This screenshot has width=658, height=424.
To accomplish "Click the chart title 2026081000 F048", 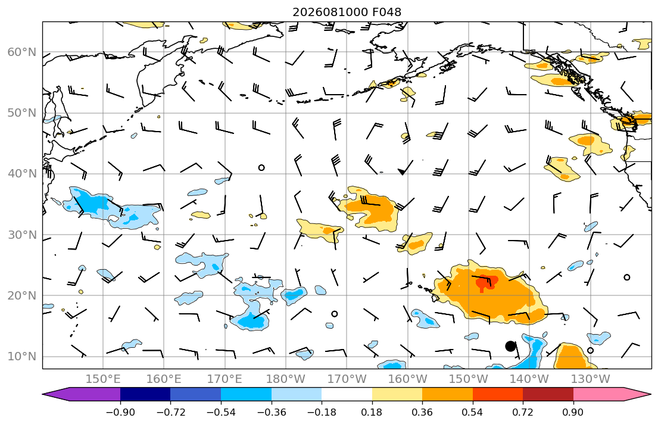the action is (x=347, y=12).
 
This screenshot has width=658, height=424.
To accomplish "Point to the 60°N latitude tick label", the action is (x=22, y=52).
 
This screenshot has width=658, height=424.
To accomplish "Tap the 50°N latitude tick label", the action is (x=22, y=113).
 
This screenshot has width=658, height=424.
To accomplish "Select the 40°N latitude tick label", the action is (x=22, y=174).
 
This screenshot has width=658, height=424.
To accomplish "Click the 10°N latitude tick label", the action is (x=22, y=357).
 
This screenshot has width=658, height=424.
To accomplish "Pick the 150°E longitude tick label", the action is (x=103, y=379).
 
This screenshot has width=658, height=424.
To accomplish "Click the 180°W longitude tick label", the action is (x=286, y=379).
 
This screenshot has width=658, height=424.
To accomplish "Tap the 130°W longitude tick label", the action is (x=591, y=379).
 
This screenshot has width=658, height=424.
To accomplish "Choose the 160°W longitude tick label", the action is (x=408, y=379).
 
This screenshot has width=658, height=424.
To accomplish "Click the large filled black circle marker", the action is (x=510, y=347).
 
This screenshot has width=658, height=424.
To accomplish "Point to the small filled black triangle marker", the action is (x=402, y=172).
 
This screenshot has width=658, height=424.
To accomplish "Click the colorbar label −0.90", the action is (x=120, y=413).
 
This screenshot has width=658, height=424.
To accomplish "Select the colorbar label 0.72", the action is (x=523, y=413).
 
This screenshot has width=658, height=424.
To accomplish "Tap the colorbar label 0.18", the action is (x=372, y=413).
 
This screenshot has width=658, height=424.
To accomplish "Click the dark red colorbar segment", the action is (x=548, y=394).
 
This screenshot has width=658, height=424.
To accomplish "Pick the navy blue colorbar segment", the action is (x=145, y=394).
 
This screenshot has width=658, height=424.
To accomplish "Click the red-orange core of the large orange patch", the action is (x=485, y=282).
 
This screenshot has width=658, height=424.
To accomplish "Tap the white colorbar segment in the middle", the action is (x=347, y=394).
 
